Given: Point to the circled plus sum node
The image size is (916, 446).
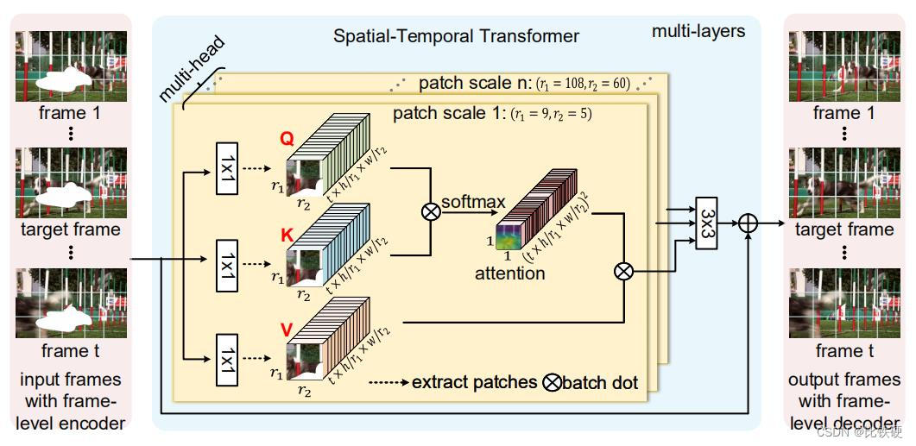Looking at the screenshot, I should [748, 223].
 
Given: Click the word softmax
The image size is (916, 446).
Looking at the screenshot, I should [472, 201].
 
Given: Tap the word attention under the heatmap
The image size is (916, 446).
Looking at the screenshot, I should [510, 273].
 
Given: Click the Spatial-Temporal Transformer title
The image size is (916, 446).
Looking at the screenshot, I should [456, 36].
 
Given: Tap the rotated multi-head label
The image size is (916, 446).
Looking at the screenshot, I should [191, 69].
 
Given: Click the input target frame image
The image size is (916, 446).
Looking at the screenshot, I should [72, 182].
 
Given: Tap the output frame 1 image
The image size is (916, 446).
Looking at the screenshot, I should [844, 66].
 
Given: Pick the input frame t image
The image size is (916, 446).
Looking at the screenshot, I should [72, 303].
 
